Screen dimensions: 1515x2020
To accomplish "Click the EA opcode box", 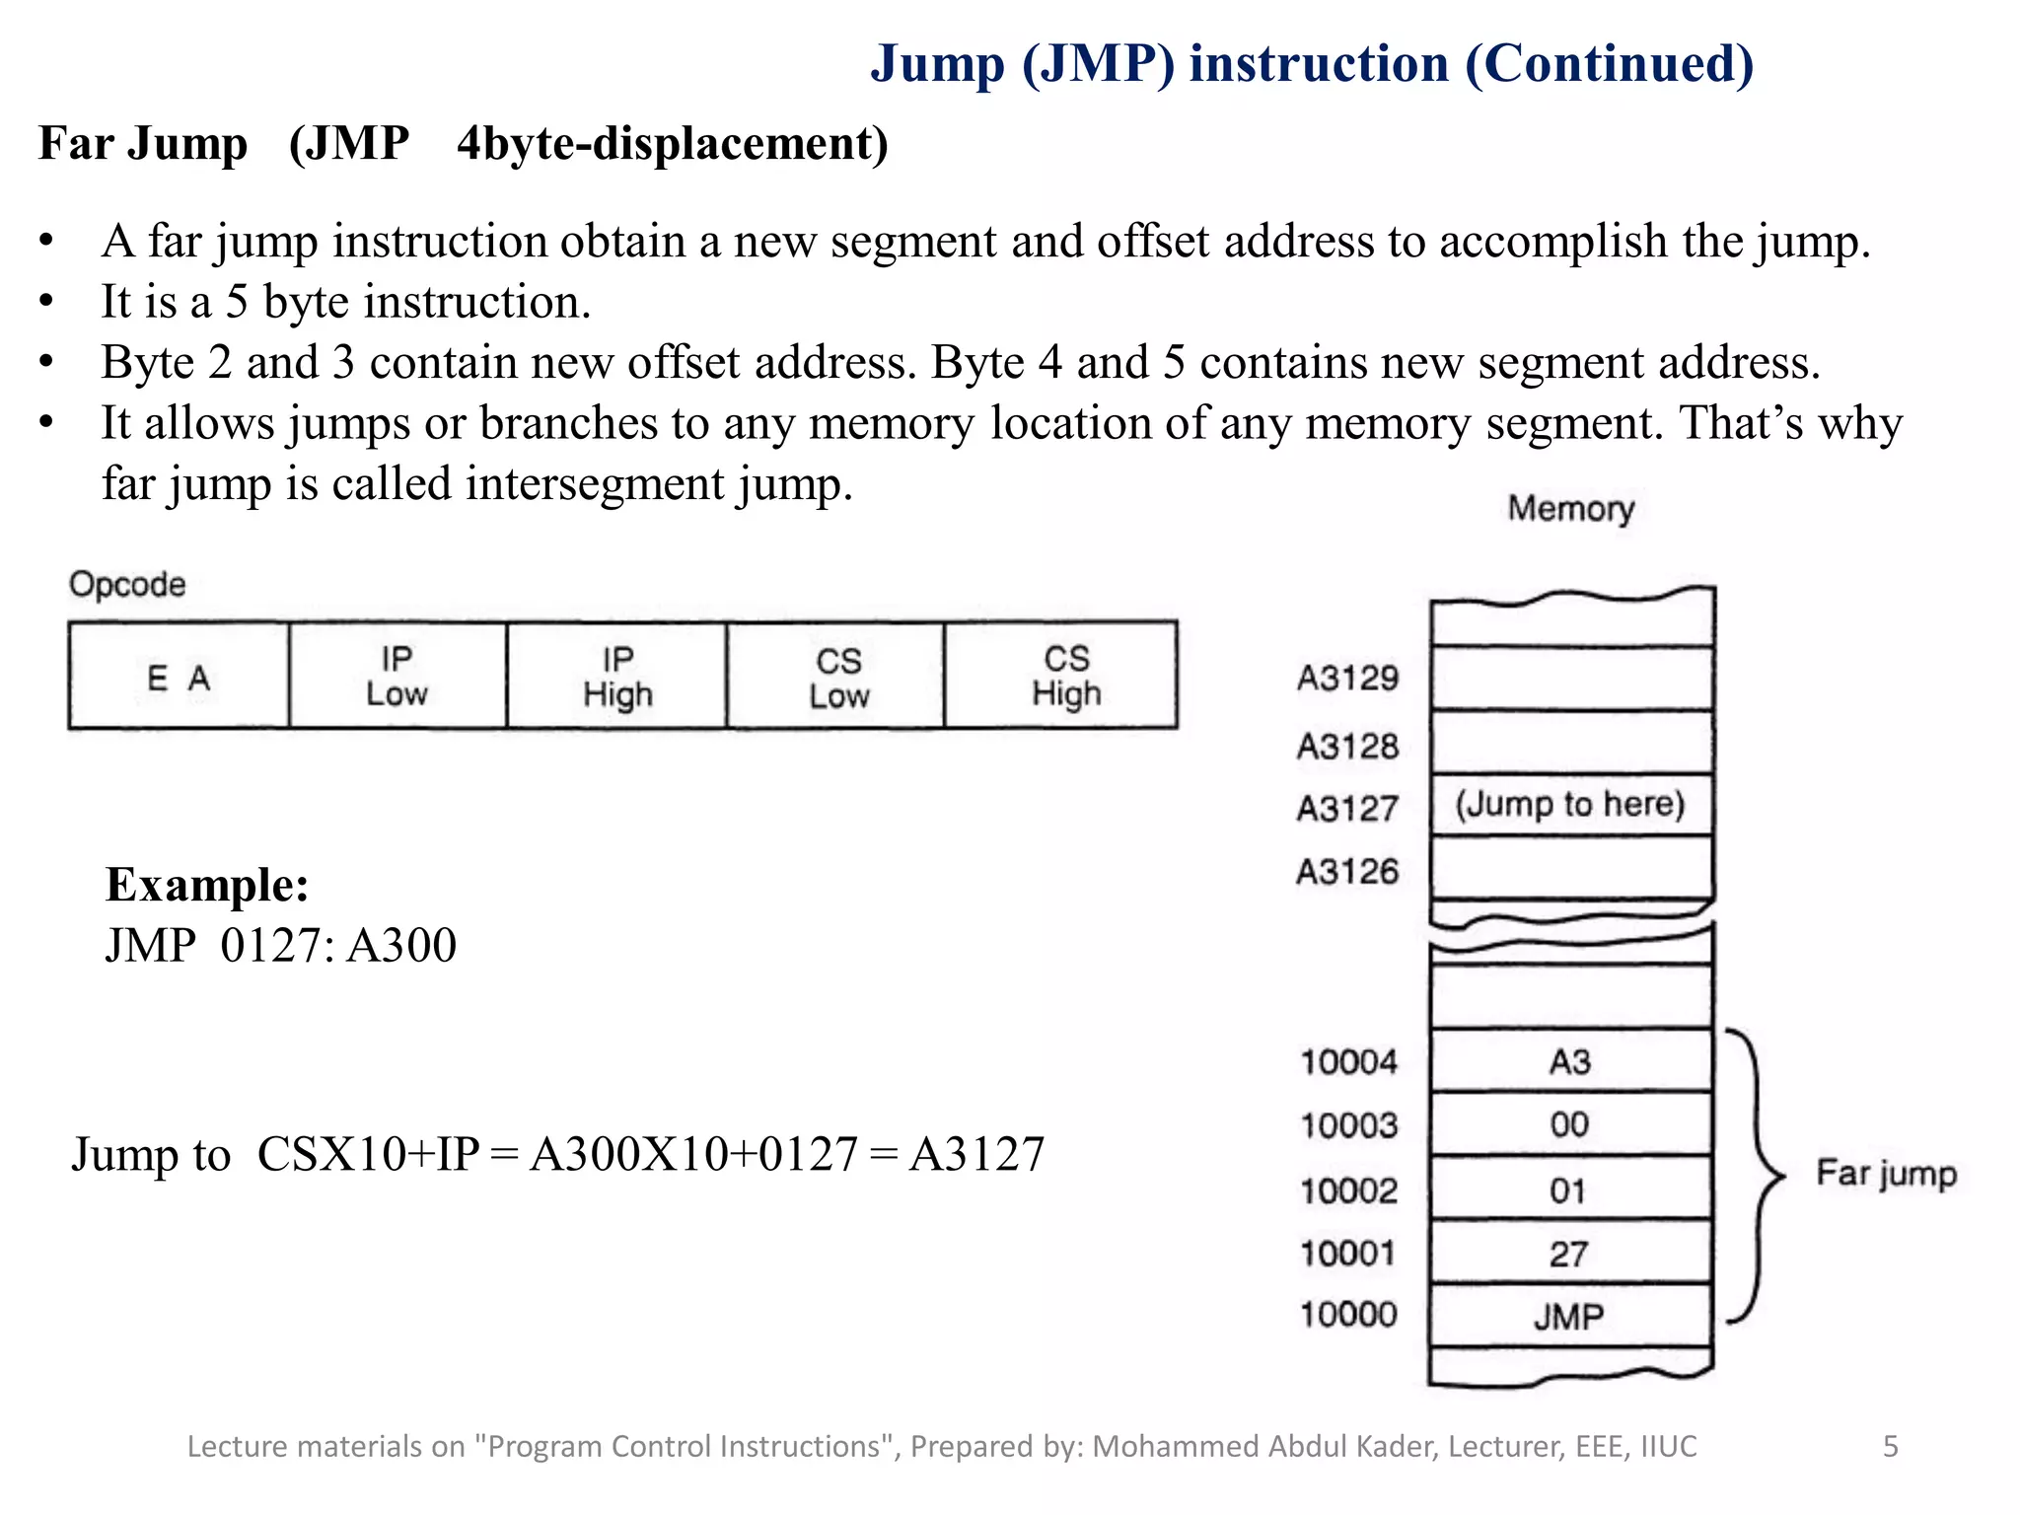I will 179,677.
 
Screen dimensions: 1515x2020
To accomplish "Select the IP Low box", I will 397,677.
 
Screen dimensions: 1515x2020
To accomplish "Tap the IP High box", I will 616,677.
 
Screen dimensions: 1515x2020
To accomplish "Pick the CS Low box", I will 836,677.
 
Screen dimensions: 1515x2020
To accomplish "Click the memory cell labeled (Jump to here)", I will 1571,805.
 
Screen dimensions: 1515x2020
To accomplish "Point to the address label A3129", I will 1348,679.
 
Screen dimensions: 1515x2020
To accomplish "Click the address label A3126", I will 1348,872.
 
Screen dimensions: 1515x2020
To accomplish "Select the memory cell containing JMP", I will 1570,1316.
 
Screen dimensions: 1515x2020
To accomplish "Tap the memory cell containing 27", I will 1570,1254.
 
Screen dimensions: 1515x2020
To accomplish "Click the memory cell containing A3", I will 1570,1062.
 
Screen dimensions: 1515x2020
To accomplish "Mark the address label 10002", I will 1349,1190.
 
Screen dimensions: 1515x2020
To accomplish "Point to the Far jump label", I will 1886,1174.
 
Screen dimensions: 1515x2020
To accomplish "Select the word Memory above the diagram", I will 1571,509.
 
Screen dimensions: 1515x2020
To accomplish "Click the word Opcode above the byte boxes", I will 127,584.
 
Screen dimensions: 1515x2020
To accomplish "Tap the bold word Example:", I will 207,884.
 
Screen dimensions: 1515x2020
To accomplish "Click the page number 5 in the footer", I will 1890,1446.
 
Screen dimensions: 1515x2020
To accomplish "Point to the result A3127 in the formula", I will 976,1154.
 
